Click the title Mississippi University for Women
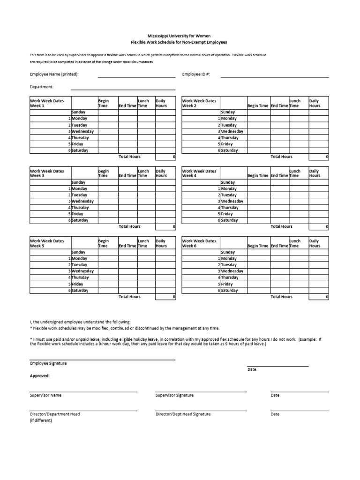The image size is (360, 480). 179,36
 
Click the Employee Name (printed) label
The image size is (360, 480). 54,74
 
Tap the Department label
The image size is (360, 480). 42,87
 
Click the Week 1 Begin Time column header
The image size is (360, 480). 104,103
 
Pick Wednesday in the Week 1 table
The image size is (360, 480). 82,132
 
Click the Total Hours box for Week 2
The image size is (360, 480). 319,157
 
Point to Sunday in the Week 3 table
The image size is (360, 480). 78,182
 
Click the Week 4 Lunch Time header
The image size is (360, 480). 295,173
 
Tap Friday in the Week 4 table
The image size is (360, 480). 227,214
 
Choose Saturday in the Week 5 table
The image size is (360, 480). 80,291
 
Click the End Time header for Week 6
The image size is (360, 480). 279,246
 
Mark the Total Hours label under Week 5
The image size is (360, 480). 129,297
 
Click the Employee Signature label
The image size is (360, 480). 48,363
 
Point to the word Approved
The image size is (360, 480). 40,375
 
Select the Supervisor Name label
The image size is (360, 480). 45,395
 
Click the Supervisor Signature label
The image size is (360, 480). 174,395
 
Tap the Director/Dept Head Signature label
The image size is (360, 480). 183,414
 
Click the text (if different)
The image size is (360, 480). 41,420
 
